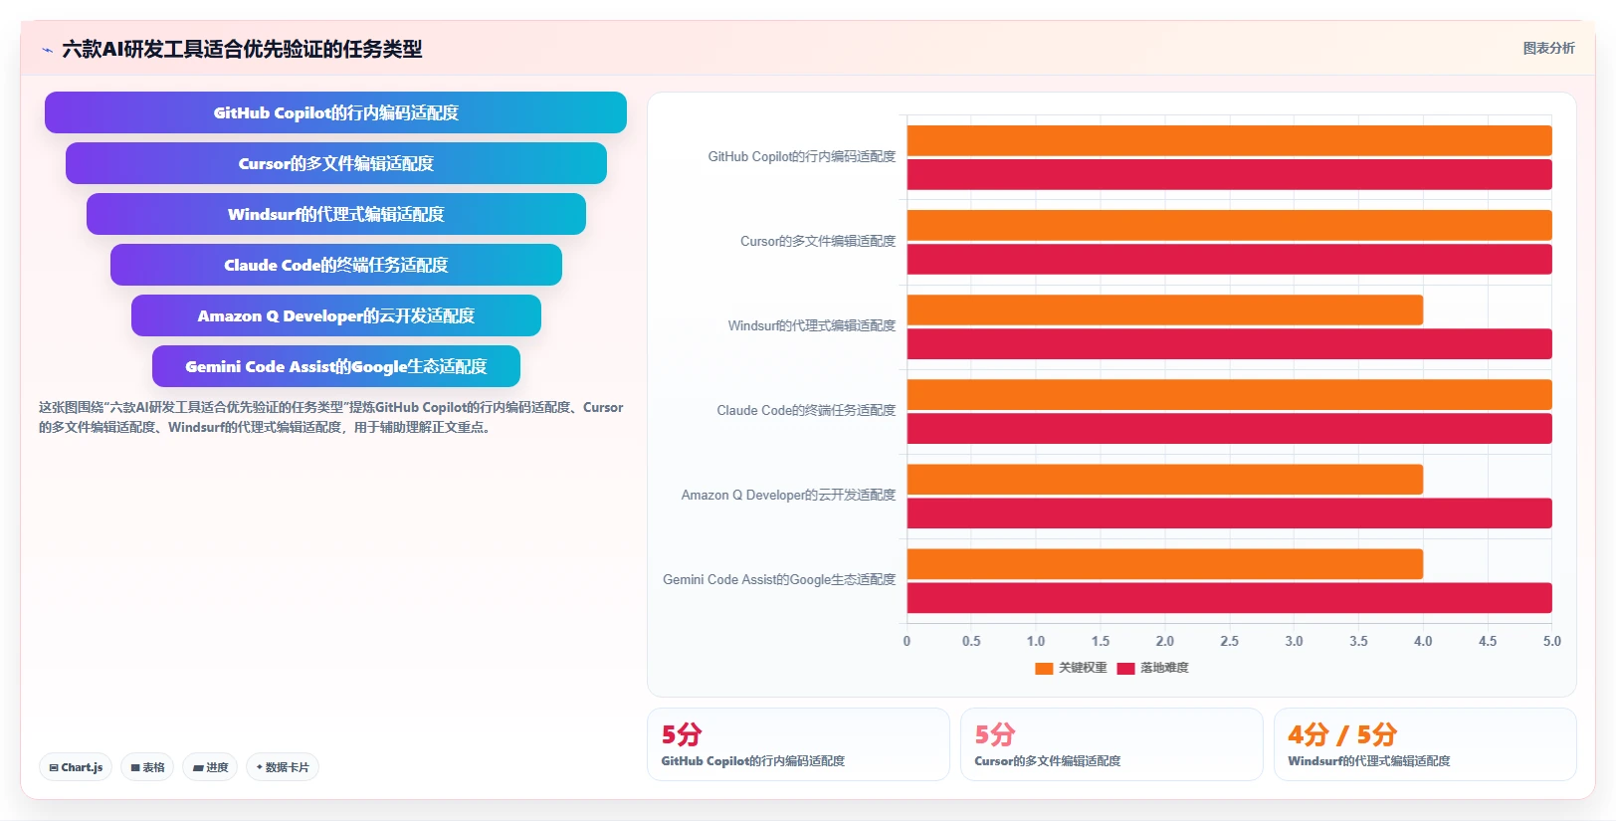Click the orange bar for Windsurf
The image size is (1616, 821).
click(1164, 310)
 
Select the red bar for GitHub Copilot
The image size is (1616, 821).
click(1229, 174)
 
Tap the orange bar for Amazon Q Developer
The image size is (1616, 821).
click(1164, 479)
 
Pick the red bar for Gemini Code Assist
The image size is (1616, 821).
click(1229, 598)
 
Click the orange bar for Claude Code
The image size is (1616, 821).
click(1229, 395)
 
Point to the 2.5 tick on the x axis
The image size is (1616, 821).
click(1229, 641)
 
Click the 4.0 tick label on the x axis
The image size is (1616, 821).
click(1423, 641)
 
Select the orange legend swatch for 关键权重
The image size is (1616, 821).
click(1044, 668)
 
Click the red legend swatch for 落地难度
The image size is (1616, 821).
click(1125, 668)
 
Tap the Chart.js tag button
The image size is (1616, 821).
click(76, 767)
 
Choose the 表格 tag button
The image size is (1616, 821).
click(148, 767)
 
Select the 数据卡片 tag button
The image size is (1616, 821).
click(283, 767)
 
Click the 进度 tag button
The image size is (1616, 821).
click(210, 767)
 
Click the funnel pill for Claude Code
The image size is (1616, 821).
click(336, 265)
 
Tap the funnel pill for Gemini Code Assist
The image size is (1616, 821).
click(336, 366)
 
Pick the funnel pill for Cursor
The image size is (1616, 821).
click(336, 163)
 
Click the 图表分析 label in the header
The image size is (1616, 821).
click(1549, 49)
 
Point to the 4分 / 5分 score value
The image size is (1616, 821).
click(1341, 734)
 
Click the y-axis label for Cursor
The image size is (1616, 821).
click(817, 241)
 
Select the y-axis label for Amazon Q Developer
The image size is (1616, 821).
click(788, 495)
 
